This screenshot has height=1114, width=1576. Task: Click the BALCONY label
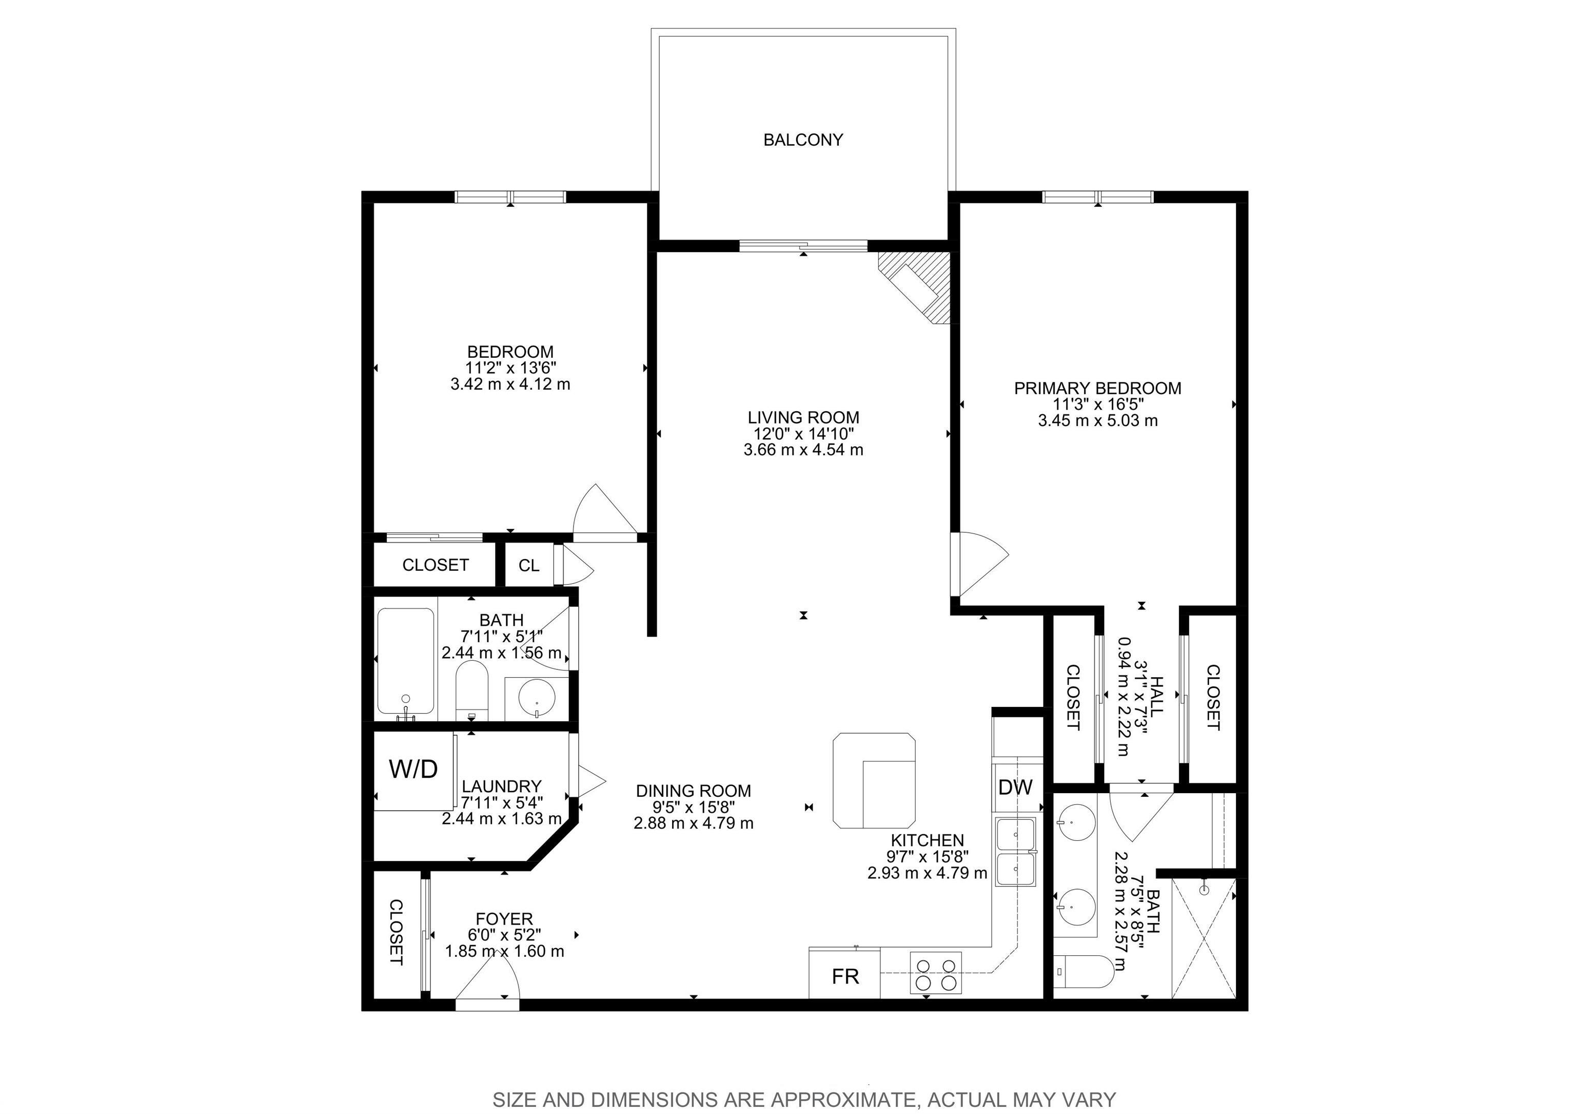pyautogui.click(x=802, y=140)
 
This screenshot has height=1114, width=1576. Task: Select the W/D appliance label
pyautogui.click(x=413, y=769)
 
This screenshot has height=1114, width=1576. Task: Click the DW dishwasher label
pyautogui.click(x=1015, y=788)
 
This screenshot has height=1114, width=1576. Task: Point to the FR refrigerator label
pyautogui.click(x=845, y=976)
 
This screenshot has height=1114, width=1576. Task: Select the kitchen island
pyautogui.click(x=874, y=781)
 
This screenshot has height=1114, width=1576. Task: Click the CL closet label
pyautogui.click(x=528, y=565)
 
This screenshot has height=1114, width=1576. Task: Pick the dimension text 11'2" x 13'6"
pyautogui.click(x=510, y=368)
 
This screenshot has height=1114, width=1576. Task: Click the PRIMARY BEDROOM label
pyautogui.click(x=1097, y=388)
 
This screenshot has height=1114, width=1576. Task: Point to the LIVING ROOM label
pyautogui.click(x=803, y=417)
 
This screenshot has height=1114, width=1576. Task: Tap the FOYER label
pyautogui.click(x=504, y=919)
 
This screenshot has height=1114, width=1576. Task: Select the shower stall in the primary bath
pyautogui.click(x=1203, y=938)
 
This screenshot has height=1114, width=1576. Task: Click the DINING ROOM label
pyautogui.click(x=693, y=791)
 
